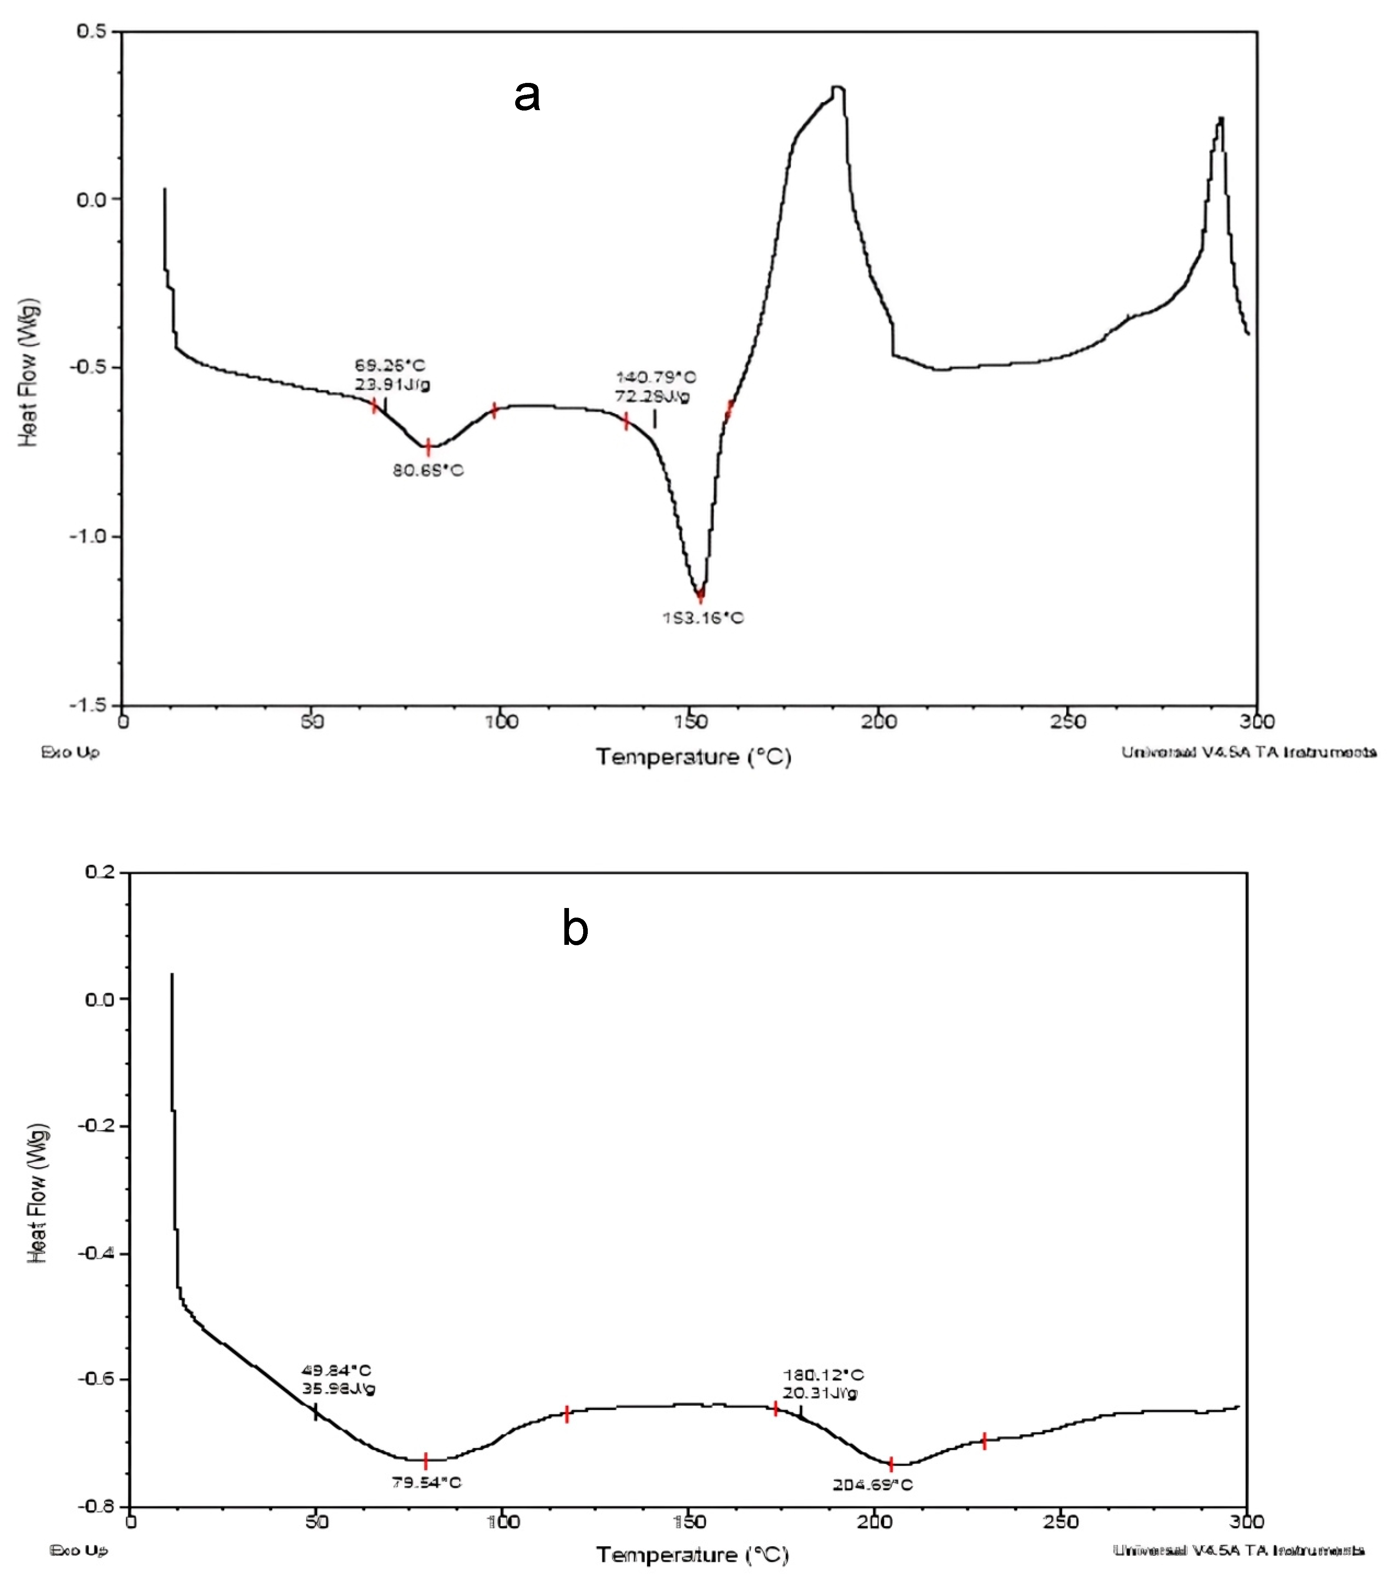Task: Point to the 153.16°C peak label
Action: click(703, 617)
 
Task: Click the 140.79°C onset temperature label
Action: click(656, 377)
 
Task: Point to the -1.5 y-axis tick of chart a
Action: click(88, 705)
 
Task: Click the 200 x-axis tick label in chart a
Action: click(879, 722)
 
